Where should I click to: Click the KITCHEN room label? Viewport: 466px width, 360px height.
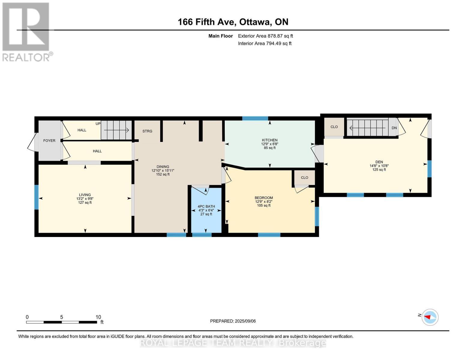[x=269, y=140]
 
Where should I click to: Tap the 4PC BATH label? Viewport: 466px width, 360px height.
[x=206, y=206]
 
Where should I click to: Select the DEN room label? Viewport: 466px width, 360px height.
[x=379, y=162]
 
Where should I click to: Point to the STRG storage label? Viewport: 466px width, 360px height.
[x=147, y=131]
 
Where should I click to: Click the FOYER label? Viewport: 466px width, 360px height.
[x=49, y=140]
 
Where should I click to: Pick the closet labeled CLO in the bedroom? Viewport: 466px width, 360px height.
[x=304, y=178]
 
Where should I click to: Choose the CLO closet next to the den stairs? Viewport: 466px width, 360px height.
[x=334, y=127]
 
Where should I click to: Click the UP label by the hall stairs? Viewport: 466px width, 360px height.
[x=98, y=124]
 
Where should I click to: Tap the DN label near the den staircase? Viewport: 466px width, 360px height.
[x=394, y=128]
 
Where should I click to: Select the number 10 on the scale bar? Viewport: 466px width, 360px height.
[x=98, y=317]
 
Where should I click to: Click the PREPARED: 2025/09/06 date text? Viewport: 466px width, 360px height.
[x=233, y=321]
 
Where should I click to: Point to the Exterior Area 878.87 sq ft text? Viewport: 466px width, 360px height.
[x=265, y=36]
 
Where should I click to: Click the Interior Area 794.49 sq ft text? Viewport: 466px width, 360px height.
[x=265, y=43]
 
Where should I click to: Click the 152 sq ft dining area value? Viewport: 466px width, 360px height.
[x=163, y=174]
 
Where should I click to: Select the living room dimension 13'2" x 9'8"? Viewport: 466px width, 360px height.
[x=85, y=199]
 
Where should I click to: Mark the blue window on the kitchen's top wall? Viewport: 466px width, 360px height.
[x=255, y=118]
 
